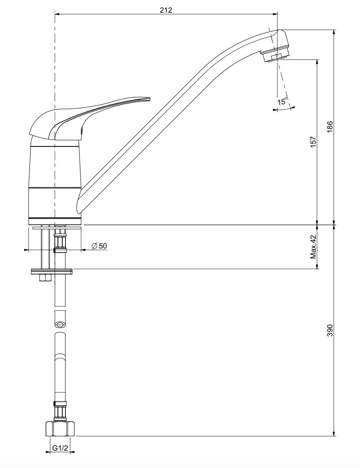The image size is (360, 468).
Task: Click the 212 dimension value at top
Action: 166,10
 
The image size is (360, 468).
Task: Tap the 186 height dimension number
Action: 330,127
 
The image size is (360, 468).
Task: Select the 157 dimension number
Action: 313,142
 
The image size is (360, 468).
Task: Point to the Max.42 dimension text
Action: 313,247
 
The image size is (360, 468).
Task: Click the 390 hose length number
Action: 330,330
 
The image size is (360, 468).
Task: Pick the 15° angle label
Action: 282,101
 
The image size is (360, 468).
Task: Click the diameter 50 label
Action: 99,246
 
